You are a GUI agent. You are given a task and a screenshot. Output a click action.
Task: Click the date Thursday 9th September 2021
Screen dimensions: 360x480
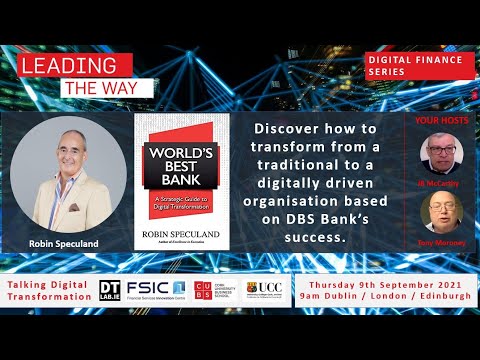[385, 282]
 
